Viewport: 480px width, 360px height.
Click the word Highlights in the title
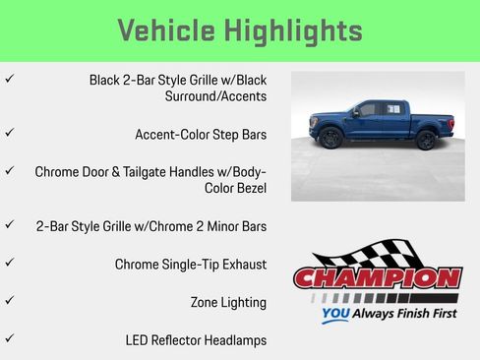[x=298, y=30]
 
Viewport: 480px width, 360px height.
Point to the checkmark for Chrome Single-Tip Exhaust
[x=9, y=263]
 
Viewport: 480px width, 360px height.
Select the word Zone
[x=208, y=302]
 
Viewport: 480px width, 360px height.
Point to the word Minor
[x=214, y=226]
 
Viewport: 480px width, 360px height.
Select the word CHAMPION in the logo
[x=379, y=278]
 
